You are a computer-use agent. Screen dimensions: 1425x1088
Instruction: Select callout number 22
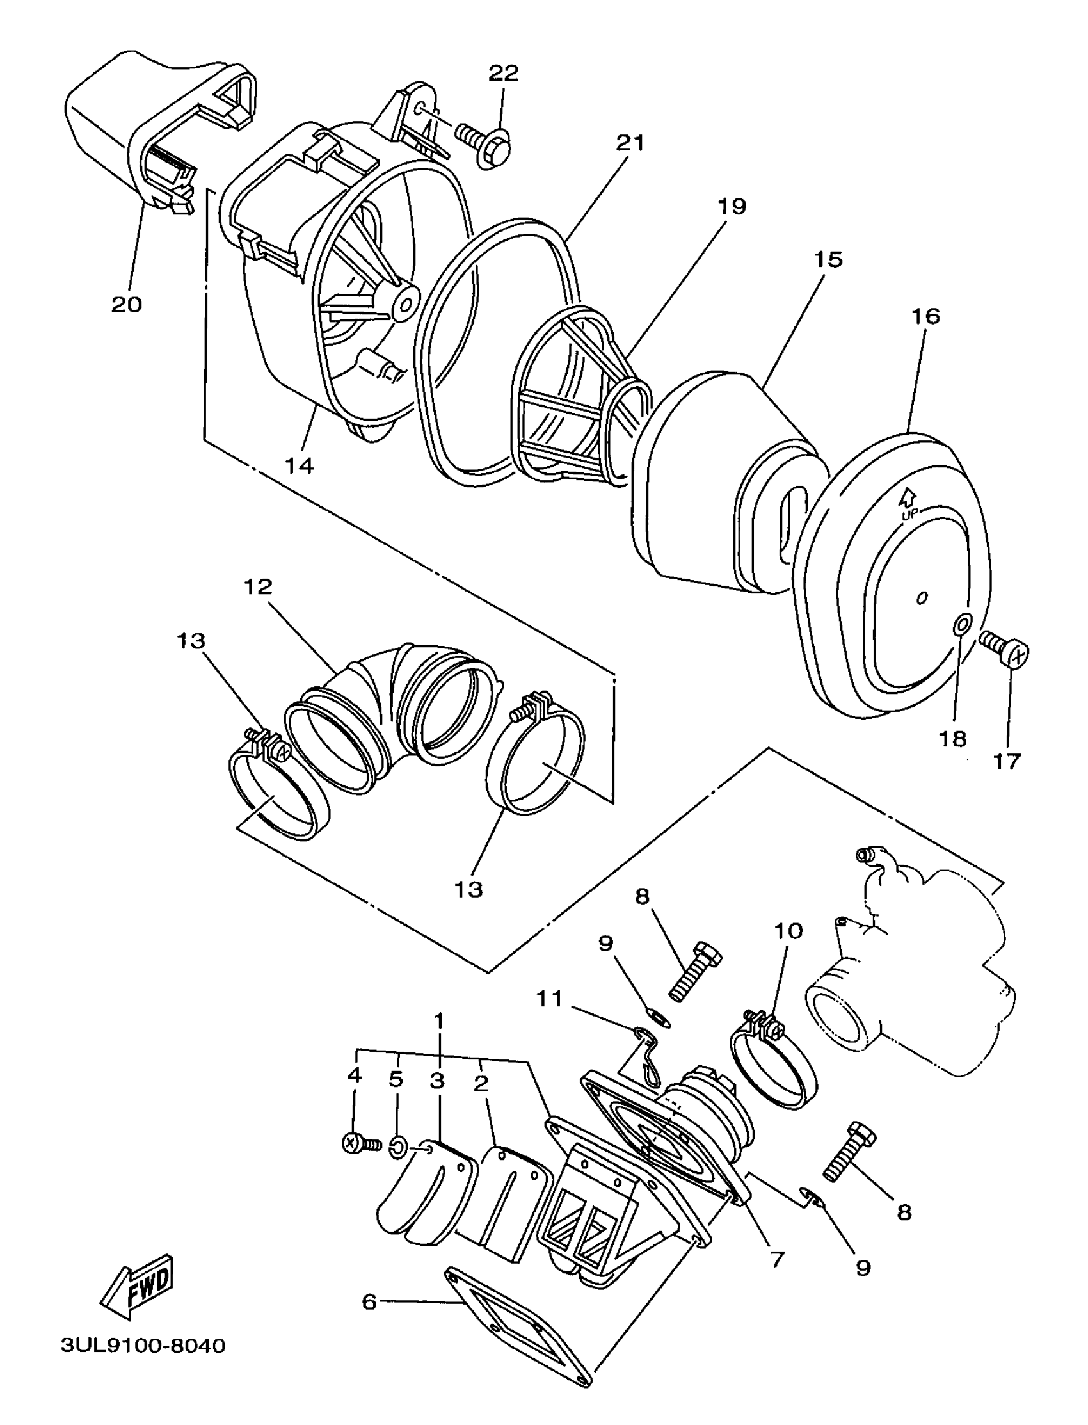pyautogui.click(x=503, y=73)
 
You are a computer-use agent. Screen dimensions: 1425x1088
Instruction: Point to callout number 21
pyautogui.click(x=630, y=143)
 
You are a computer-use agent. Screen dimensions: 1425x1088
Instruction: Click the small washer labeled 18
pyautogui.click(x=963, y=624)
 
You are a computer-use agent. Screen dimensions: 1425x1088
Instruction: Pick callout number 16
pyautogui.click(x=925, y=317)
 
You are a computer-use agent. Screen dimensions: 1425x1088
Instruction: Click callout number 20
pyautogui.click(x=126, y=305)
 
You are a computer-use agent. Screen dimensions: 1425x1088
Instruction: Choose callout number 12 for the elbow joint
pyautogui.click(x=258, y=588)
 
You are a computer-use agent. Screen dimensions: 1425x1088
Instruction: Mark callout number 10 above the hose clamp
pyautogui.click(x=788, y=931)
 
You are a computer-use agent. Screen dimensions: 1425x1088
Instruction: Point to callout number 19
pyautogui.click(x=732, y=207)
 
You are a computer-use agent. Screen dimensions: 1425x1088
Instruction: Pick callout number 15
pyautogui.click(x=828, y=260)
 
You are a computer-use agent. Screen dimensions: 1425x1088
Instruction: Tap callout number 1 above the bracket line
pyautogui.click(x=438, y=1022)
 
